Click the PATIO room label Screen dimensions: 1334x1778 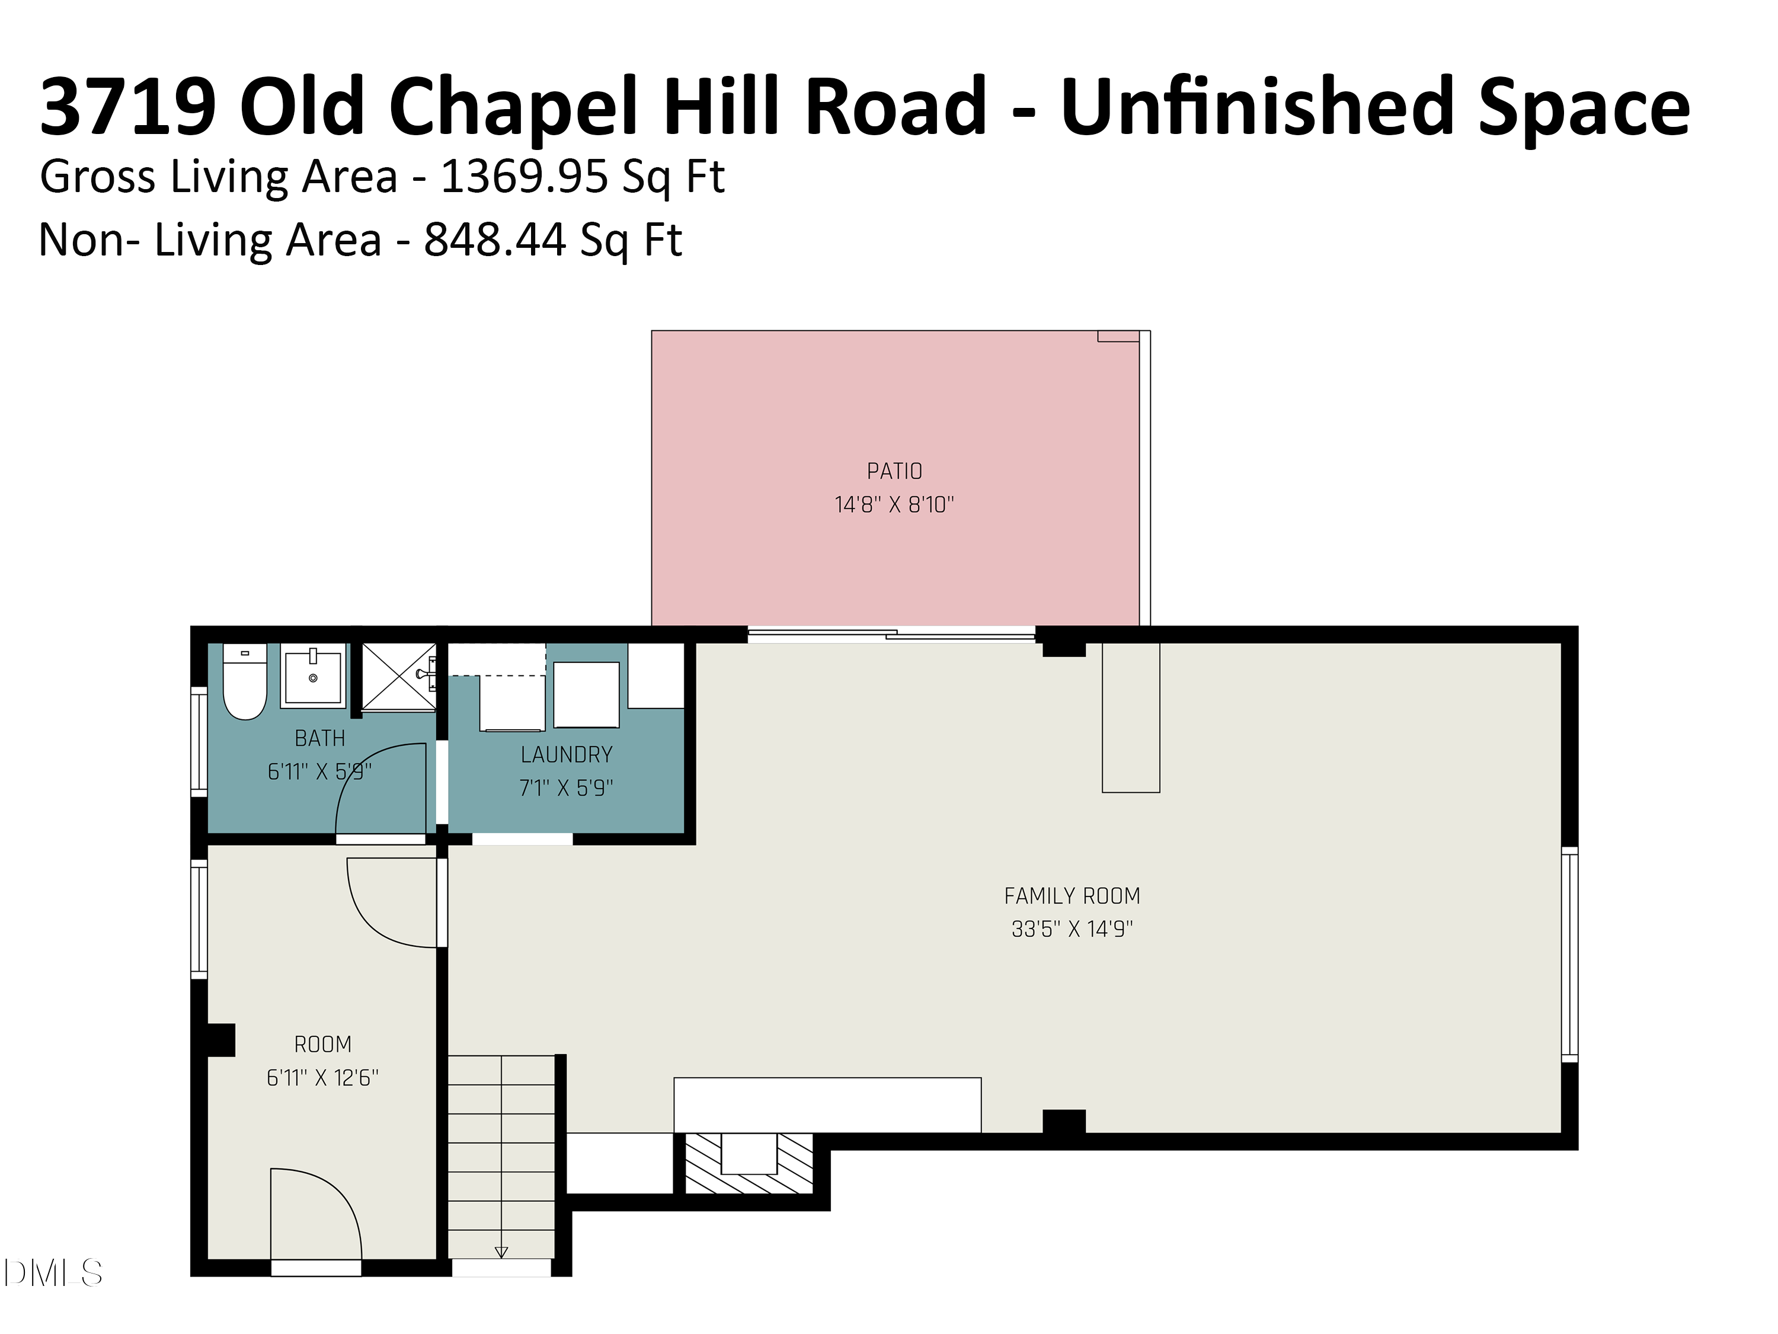[894, 471]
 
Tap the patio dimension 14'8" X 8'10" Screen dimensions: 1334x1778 [894, 505]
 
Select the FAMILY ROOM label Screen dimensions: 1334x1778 [1072, 896]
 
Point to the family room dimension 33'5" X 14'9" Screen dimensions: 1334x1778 [1072, 930]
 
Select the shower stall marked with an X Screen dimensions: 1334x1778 [398, 676]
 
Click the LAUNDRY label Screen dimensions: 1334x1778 [566, 755]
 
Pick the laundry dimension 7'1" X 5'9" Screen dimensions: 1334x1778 [566, 788]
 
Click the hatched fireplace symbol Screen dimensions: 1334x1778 [749, 1163]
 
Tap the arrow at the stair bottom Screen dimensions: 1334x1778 [501, 1252]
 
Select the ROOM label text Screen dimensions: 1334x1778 [322, 1045]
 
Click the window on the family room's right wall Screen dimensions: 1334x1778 [1569, 955]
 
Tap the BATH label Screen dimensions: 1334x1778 [320, 738]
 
